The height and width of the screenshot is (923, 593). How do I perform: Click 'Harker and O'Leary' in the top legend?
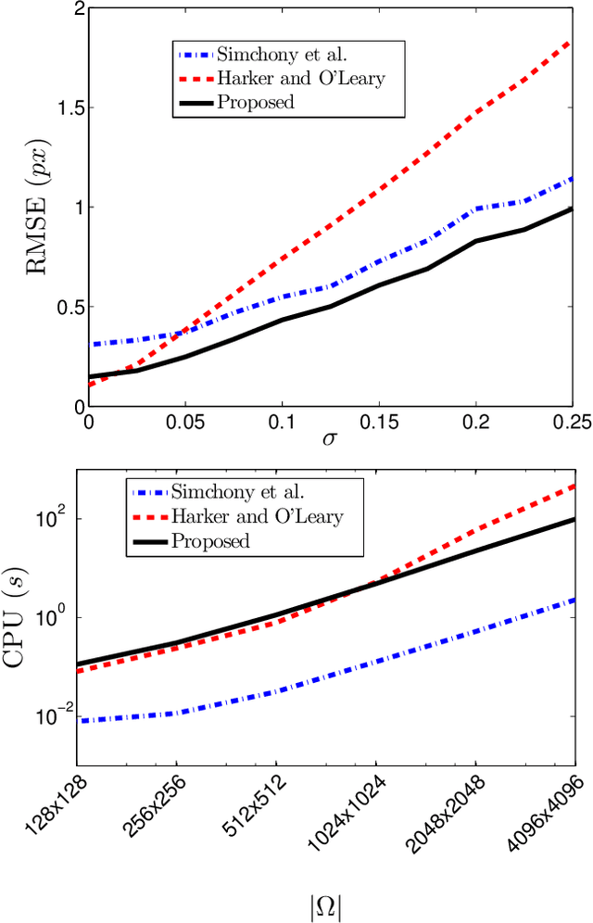(x=300, y=78)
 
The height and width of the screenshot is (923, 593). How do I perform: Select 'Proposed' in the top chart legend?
(x=256, y=101)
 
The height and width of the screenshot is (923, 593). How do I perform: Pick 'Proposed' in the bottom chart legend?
(x=211, y=539)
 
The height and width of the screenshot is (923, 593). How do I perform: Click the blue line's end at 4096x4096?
(x=574, y=600)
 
